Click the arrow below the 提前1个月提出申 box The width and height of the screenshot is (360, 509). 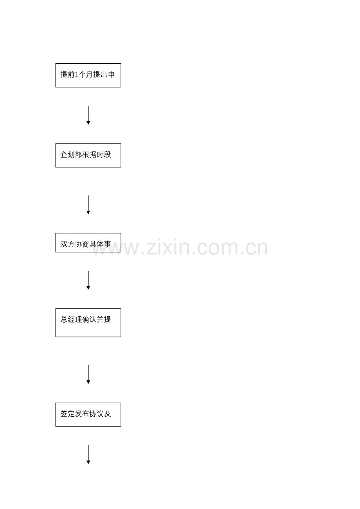tap(88, 115)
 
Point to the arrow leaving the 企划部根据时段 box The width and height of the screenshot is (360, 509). tap(88, 205)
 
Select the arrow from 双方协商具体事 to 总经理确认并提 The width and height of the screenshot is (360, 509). tap(88, 280)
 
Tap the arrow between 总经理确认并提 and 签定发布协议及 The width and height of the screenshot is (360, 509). tap(88, 375)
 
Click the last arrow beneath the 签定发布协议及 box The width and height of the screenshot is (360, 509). tap(88, 454)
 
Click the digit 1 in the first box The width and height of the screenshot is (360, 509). tap(77, 75)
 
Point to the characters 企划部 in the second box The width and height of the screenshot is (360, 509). tap(71, 155)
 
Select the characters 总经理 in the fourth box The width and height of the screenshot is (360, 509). tap(71, 319)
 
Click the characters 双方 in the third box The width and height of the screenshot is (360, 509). tap(68, 244)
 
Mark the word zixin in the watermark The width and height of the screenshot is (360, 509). tap(168, 247)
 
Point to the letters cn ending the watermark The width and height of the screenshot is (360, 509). tap(257, 248)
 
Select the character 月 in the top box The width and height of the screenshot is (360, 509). tap(89, 75)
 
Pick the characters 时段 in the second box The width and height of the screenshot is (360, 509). tap(104, 155)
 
